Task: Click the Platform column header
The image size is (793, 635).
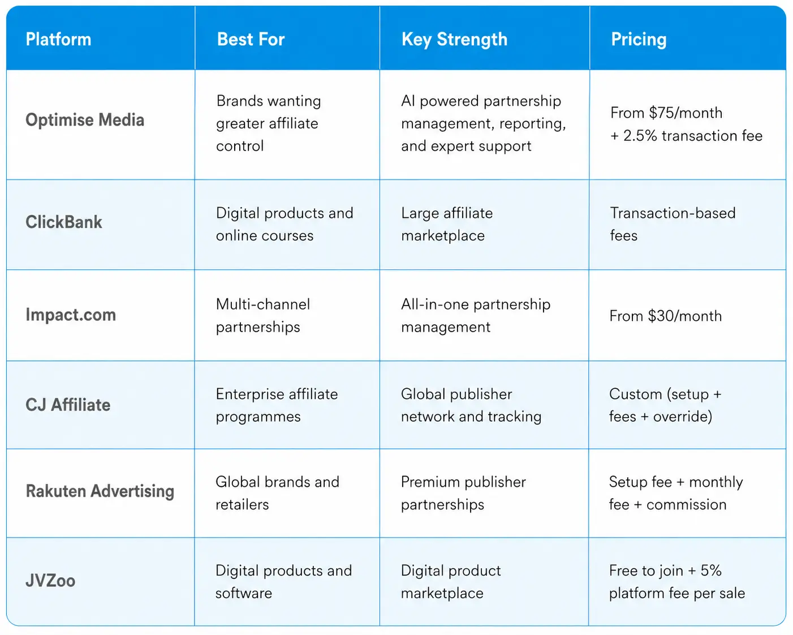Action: click(58, 39)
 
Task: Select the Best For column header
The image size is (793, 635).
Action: click(251, 39)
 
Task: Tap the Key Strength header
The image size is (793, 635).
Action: click(454, 40)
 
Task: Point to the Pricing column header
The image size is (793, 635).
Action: click(639, 40)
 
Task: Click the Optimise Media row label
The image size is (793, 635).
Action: click(85, 120)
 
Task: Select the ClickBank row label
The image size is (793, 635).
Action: click(64, 222)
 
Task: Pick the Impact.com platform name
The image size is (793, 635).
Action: click(71, 315)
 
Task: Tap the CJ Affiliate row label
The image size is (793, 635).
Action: click(68, 405)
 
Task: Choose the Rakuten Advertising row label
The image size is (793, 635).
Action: click(100, 492)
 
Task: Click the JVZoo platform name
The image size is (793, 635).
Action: click(50, 581)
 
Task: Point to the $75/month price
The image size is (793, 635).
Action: click(686, 113)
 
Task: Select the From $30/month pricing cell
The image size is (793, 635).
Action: click(666, 316)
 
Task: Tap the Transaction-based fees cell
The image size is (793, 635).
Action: click(673, 224)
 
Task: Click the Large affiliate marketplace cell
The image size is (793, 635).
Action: click(447, 224)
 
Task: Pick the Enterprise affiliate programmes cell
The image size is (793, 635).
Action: click(277, 405)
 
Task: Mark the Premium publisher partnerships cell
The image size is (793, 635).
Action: click(464, 493)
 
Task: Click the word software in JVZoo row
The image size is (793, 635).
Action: click(244, 593)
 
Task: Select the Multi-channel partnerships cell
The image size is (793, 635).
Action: click(263, 316)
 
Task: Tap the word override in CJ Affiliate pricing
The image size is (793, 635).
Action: click(683, 417)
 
